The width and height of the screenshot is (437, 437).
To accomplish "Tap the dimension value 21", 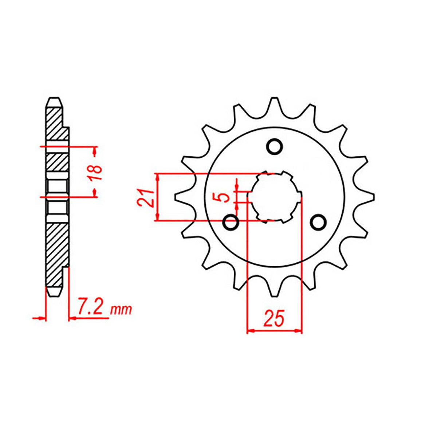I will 145,198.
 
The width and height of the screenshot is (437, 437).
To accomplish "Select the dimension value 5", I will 225,198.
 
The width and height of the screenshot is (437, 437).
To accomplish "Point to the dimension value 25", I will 274,319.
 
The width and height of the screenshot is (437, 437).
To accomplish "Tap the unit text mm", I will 121,310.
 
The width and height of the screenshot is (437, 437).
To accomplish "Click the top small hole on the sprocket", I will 275,146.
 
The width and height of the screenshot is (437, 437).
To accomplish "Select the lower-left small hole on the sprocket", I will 231,222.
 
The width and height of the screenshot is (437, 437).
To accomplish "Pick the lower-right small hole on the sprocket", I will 319,221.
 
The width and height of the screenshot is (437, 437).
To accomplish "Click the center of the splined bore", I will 275,197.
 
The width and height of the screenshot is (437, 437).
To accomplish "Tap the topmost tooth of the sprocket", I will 275,104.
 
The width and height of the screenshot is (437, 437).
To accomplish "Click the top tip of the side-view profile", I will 54,99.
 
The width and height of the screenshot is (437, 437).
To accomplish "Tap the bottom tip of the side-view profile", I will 54,295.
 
